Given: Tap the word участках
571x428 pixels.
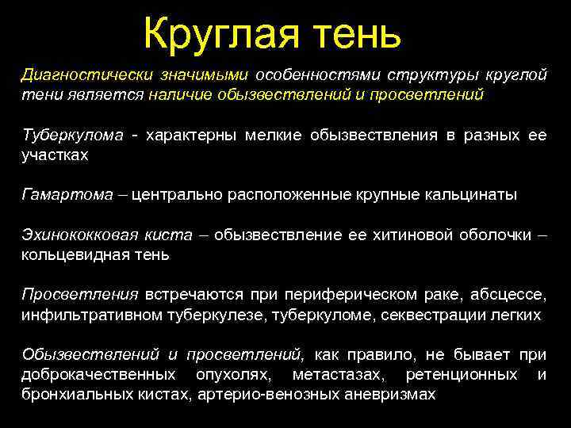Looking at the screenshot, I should point(55,155).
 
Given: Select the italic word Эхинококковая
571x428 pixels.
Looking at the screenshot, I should point(82,235).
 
